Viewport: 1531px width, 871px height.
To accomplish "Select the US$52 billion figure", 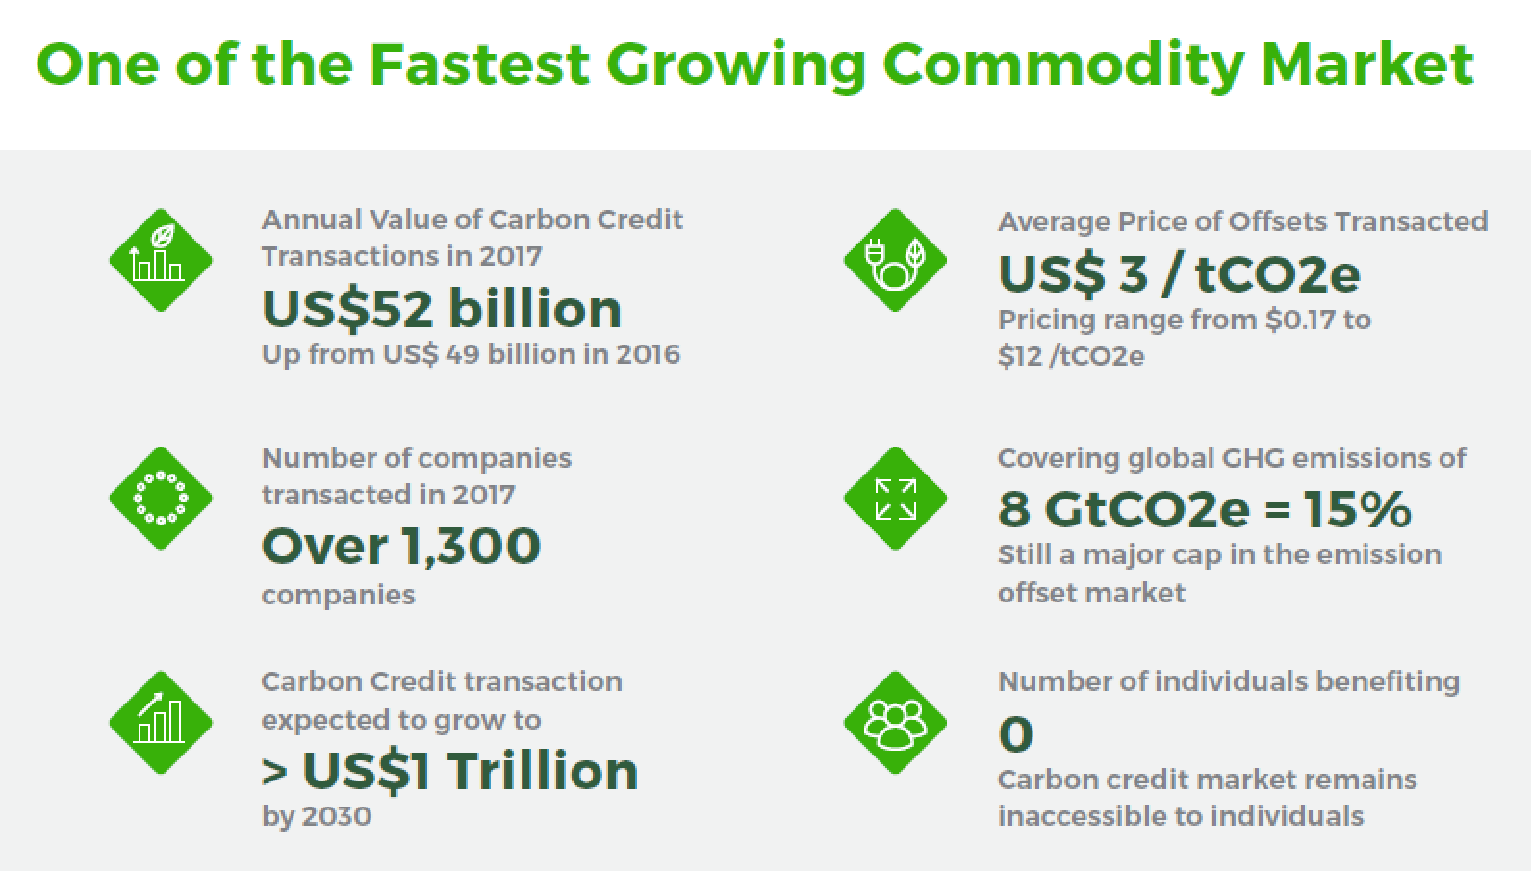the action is coord(442,309).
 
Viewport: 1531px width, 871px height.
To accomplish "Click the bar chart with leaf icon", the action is coord(161,260).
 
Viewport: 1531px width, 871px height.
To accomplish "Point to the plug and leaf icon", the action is coord(895,260).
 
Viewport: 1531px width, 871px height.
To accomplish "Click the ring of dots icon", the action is coord(161,498).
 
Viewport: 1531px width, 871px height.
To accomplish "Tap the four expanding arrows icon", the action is coord(895,498).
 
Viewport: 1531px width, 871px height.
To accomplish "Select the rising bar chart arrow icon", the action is coord(161,722).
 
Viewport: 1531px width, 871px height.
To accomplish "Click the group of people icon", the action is coord(895,722).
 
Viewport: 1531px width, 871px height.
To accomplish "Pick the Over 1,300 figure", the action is coord(401,547).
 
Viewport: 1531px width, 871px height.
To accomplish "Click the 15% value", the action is coord(1358,509).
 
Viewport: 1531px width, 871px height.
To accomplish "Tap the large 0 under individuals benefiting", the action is coord(1015,734).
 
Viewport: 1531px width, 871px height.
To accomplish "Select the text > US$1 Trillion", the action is coord(449,771).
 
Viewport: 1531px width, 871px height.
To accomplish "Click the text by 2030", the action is coord(317,816).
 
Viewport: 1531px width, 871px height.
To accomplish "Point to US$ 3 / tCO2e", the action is coord(1179,274).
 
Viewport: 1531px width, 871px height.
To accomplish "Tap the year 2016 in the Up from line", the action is coord(648,354).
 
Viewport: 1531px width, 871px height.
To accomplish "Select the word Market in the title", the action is coord(1367,64).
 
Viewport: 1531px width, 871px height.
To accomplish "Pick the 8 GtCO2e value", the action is coord(1124,509).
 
